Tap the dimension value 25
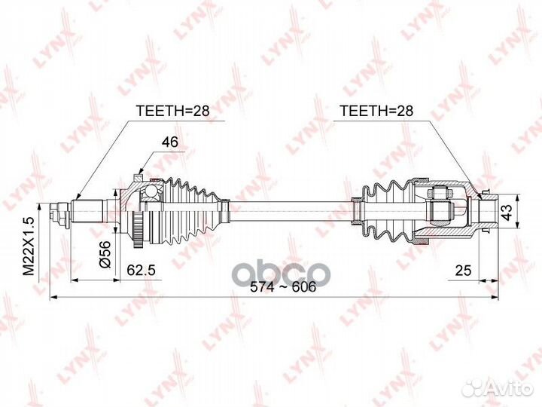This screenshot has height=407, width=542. coord(463,269)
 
